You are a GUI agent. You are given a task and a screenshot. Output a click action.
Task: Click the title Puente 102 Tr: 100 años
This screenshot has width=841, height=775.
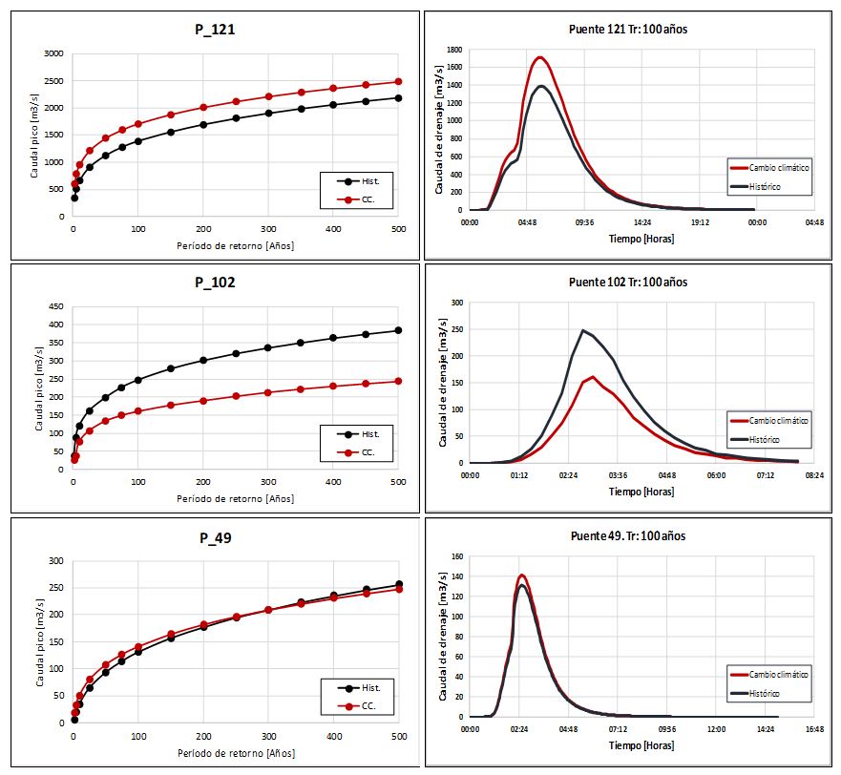click(x=627, y=283)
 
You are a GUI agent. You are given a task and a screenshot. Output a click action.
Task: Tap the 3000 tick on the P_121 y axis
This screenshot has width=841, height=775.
click(x=54, y=53)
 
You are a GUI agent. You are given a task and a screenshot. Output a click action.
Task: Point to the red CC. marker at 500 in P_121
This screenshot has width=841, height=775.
click(x=398, y=82)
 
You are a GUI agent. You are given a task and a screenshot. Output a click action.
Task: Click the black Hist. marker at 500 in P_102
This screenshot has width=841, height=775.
click(x=398, y=330)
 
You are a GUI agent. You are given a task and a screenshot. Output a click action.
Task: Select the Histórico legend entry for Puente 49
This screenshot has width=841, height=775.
click(x=768, y=693)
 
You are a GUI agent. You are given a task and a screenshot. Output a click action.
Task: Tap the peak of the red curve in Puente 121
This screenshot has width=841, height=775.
click(x=540, y=57)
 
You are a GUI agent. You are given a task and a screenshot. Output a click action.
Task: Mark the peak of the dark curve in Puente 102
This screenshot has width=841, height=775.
click(x=583, y=331)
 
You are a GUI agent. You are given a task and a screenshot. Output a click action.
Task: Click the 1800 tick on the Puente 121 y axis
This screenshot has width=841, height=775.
click(x=453, y=50)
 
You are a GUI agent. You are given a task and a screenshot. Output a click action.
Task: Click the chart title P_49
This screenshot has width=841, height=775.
click(x=217, y=537)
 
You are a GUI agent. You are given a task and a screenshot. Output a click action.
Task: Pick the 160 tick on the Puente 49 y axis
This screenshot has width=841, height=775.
click(x=456, y=556)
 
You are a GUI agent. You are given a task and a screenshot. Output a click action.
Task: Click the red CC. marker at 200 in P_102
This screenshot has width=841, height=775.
click(x=203, y=401)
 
